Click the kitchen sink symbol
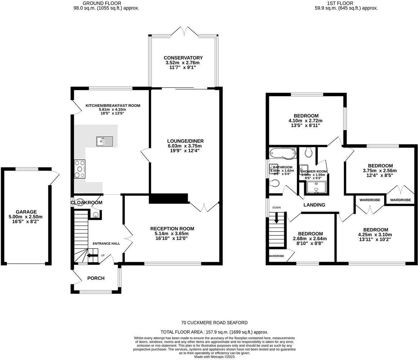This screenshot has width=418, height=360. coord(104,141)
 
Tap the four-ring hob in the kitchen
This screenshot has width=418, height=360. coord(80,169)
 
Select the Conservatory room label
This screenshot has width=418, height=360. coord(183,58)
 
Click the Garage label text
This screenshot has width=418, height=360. coord(26,212)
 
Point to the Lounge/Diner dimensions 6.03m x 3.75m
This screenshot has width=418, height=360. coord(185,146)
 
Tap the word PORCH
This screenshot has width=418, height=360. coord(96,278)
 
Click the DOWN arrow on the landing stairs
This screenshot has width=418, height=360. coord(276,217)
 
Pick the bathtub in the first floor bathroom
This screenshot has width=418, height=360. coord(283,153)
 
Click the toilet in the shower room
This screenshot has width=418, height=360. coord(308,153)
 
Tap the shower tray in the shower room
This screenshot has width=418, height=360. coord(316,188)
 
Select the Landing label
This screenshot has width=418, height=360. coord(314,205)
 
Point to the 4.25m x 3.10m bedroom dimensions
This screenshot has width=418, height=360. coord(375,235)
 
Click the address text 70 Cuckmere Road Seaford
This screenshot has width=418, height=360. coord(214,323)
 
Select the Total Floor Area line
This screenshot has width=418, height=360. coord(214,332)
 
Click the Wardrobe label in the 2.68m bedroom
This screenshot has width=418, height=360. coord(276,256)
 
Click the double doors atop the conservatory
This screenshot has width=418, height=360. coord(184,31)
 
